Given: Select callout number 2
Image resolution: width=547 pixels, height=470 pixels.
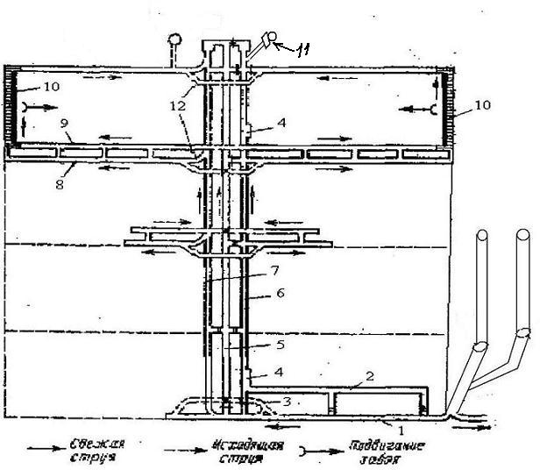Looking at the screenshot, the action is click(370, 377).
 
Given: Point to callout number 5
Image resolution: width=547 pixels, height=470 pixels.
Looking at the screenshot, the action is click(280, 345).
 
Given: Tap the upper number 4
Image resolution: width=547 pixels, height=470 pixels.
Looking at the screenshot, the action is click(280, 123).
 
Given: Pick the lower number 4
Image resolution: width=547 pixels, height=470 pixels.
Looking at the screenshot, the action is click(279, 372).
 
